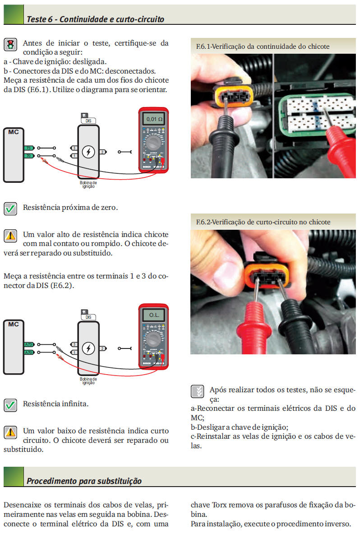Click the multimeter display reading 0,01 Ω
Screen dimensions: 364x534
[154, 119]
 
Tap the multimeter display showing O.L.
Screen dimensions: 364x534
[154, 315]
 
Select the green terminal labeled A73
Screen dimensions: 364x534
[29, 344]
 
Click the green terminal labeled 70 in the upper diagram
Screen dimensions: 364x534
[29, 156]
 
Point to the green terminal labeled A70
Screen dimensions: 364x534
[29, 352]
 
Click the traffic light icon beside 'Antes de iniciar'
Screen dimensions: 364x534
[10, 44]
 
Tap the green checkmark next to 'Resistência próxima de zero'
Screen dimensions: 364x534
[10, 209]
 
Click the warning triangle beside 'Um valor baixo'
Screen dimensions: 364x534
[10, 432]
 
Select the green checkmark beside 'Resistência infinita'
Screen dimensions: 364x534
[10, 405]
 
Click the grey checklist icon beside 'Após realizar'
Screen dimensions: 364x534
[197, 391]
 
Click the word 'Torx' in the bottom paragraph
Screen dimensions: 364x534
[219, 505]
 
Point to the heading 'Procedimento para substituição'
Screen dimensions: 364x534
[84, 481]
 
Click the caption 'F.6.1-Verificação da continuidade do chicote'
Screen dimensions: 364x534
[263, 46]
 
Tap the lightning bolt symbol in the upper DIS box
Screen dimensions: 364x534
[88, 152]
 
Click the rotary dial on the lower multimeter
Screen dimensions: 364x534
[153, 339]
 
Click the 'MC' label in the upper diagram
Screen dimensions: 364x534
[14, 132]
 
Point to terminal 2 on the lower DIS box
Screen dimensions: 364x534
[103, 348]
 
